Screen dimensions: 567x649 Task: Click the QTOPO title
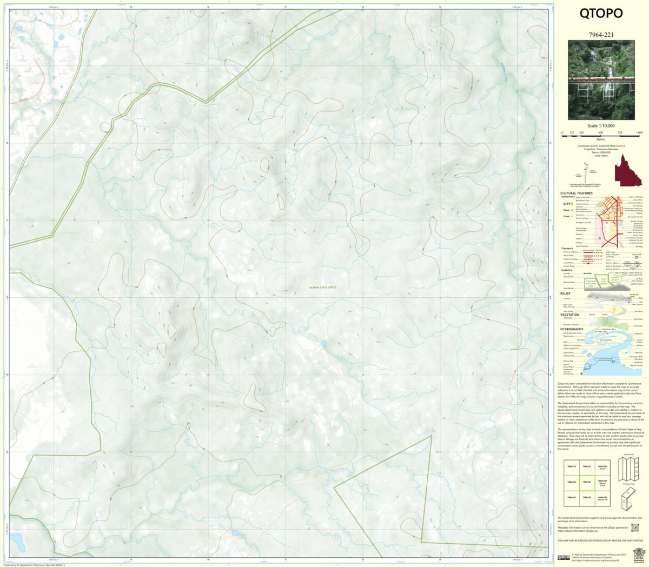point(601,13)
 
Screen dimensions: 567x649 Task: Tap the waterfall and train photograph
point(601,82)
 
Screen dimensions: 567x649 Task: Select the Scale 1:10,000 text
point(601,125)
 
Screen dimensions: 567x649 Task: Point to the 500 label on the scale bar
point(601,132)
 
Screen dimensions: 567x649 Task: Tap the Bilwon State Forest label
point(322,288)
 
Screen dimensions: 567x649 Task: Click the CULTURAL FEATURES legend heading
point(576,193)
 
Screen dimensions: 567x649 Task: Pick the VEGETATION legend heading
point(570,315)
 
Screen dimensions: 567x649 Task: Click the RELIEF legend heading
point(565,293)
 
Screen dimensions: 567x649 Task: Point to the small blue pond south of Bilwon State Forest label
point(323,343)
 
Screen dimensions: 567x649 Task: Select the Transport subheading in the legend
point(567,249)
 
